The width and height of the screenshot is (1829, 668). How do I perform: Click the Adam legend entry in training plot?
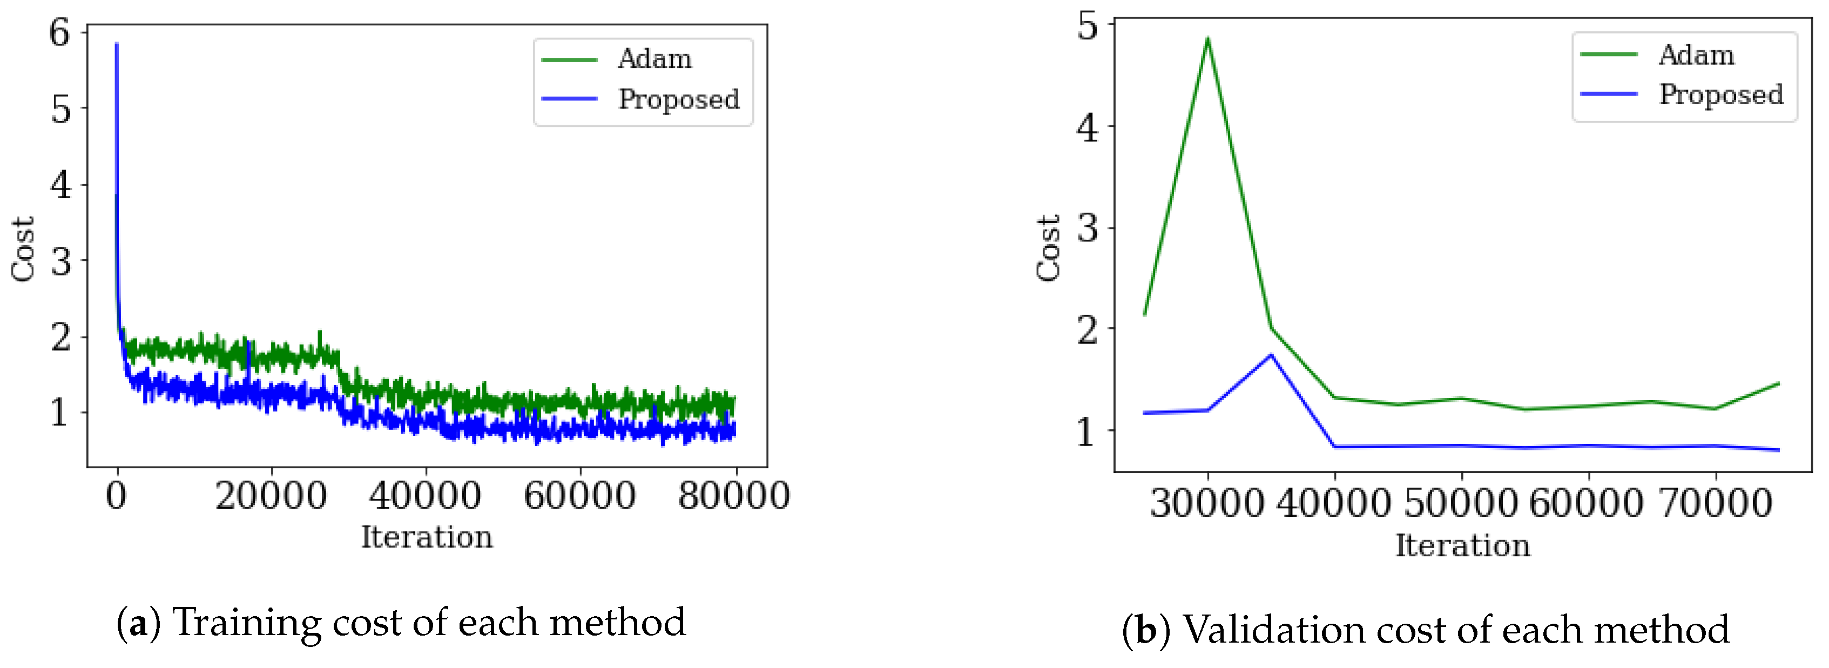(654, 59)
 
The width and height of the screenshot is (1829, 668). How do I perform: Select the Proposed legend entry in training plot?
(678, 99)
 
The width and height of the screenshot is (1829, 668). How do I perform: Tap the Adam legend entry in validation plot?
(1696, 55)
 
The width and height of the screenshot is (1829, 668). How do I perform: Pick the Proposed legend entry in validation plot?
(1720, 95)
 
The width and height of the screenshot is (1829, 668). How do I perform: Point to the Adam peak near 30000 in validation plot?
(1208, 39)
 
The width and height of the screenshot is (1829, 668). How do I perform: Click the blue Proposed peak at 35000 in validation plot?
(1271, 355)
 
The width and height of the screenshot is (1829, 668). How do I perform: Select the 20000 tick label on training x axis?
(271, 496)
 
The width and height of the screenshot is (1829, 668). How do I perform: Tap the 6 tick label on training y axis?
(59, 32)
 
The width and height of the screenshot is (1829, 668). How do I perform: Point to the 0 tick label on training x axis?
(117, 496)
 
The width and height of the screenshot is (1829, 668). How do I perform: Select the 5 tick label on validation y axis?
(1087, 27)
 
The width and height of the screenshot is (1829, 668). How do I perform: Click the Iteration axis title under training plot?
(427, 537)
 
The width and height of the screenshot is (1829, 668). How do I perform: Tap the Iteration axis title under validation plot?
(1463, 545)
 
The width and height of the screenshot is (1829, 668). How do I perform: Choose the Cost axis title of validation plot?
(1049, 248)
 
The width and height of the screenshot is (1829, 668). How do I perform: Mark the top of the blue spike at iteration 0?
(117, 45)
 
